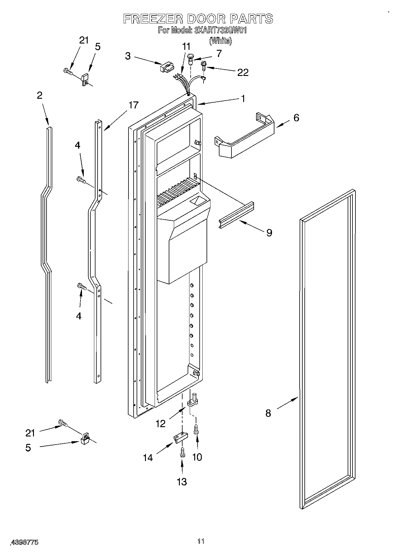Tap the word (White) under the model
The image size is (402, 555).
221,41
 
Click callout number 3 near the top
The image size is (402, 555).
128,56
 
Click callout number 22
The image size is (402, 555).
243,72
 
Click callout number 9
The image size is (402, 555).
269,232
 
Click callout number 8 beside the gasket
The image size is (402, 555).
268,413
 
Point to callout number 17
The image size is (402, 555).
134,105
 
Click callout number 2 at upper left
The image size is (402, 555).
40,95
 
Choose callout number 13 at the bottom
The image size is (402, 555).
182,481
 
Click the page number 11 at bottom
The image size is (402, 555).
201,541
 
